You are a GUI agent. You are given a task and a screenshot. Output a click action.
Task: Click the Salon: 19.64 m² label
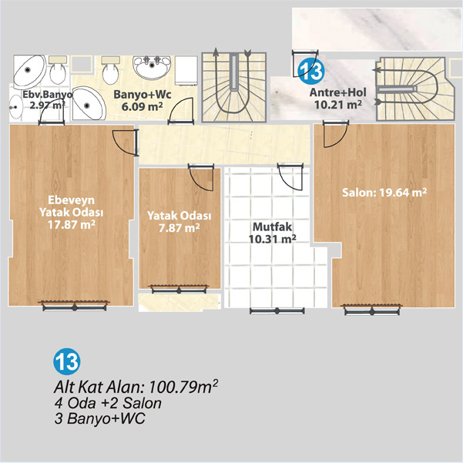coord(384,193)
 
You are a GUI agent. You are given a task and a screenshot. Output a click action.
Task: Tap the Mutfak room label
coord(272,226)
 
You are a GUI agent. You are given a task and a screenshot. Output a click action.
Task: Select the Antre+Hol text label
coord(337,92)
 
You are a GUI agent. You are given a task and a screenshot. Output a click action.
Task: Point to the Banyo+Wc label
coord(143,95)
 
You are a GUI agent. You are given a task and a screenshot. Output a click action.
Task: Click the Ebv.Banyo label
coord(47,95)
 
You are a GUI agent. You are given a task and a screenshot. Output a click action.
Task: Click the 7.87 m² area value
coord(179,228)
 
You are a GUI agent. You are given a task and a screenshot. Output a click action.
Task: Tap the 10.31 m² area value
coord(272,239)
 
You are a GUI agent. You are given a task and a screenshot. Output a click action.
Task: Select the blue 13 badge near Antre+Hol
coord(311,71)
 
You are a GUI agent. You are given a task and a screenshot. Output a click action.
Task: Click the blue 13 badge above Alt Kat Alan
coord(67,361)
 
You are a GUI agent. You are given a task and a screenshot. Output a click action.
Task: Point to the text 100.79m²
coord(183,386)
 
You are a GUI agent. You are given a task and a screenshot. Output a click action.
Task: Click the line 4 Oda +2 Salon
coord(108,403)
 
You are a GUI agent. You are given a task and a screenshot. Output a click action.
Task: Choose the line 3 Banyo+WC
coord(100,418)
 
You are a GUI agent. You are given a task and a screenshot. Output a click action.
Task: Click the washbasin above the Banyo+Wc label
coord(152,67)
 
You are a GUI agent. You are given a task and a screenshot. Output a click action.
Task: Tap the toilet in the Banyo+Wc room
coord(111,69)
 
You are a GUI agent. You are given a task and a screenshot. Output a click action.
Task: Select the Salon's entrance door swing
coord(336,134)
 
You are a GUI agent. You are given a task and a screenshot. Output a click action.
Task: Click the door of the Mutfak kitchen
coord(290,176)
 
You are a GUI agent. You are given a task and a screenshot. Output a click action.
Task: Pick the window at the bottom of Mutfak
coord(277,310)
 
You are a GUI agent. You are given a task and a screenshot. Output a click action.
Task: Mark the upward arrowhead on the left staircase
coord(216,52)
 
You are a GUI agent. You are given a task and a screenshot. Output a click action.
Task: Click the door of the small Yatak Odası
coord(201,177)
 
